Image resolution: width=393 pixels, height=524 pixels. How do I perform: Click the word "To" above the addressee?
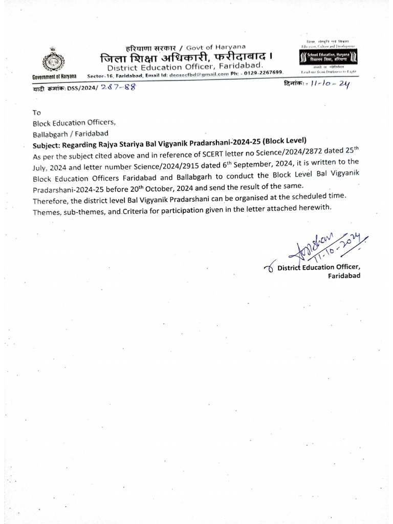36,113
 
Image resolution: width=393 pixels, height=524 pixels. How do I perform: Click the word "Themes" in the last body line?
46,208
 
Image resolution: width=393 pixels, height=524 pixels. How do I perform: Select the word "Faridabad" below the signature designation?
344,276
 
